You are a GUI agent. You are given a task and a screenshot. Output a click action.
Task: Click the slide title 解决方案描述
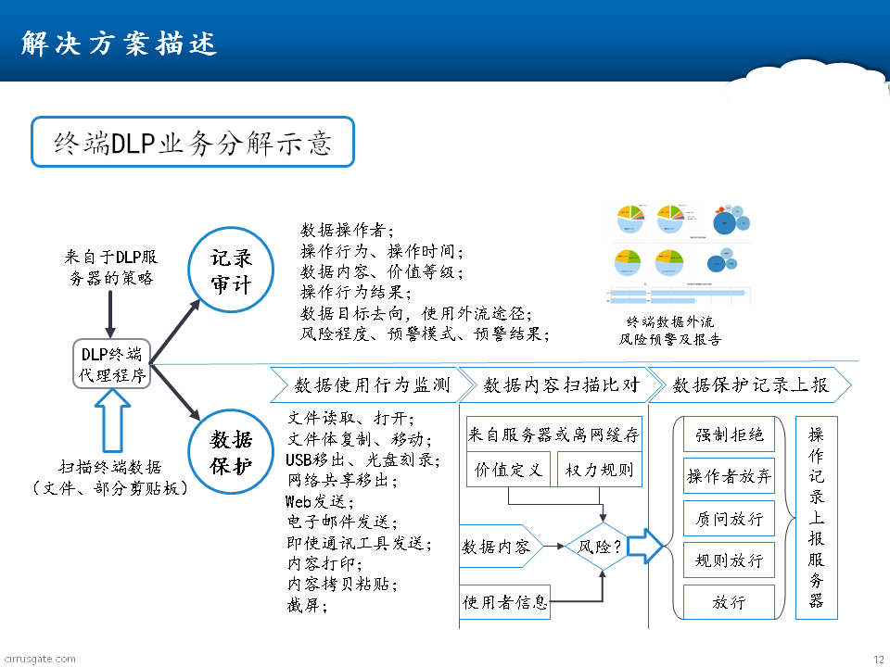tap(118, 44)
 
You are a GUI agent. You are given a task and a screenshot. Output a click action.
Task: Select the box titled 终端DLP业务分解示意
tap(193, 142)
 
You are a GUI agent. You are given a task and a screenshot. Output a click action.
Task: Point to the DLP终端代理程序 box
tap(111, 364)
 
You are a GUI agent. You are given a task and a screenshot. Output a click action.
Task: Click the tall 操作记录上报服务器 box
tap(816, 518)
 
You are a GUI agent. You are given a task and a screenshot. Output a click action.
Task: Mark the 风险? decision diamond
tap(600, 547)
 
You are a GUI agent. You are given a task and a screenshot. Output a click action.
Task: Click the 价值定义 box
tap(508, 470)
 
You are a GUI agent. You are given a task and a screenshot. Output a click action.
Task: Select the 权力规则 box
tap(599, 470)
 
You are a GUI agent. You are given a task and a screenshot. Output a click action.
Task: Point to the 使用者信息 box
tap(504, 603)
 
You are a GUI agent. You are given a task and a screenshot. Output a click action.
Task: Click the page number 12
tap(878, 659)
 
